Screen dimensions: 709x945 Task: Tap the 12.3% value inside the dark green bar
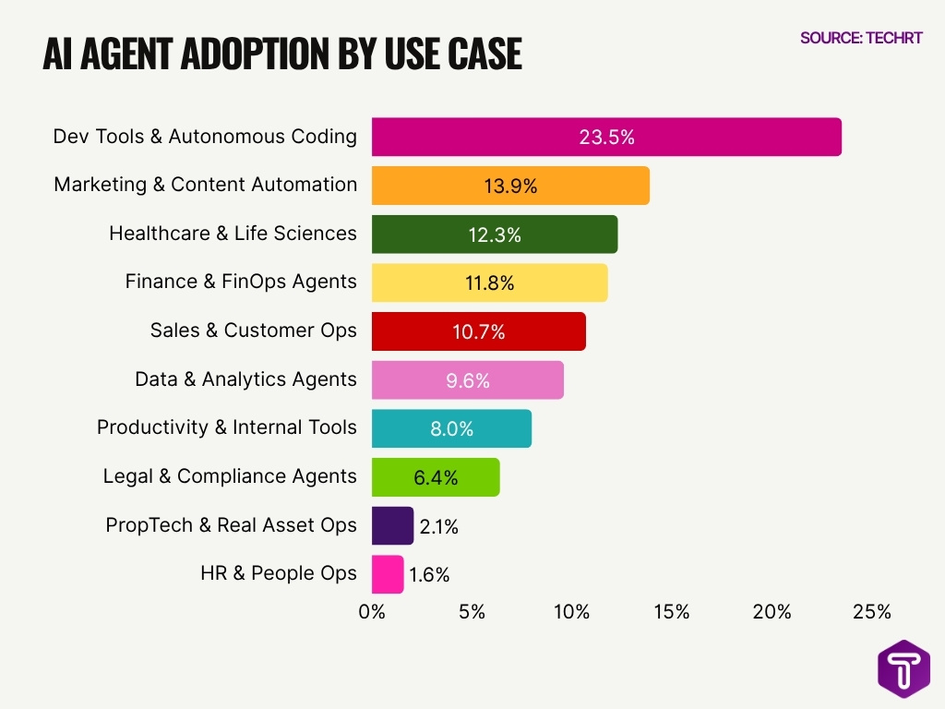tap(494, 234)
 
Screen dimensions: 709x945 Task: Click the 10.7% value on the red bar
tap(479, 331)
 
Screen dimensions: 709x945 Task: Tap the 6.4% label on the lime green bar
tap(436, 477)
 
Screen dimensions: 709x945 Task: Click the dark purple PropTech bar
tap(392, 525)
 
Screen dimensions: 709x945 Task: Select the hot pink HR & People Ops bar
tap(388, 574)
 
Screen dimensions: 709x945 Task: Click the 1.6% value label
tap(429, 575)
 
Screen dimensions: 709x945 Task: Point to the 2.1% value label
tap(438, 526)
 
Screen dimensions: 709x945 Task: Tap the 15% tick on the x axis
tap(672, 612)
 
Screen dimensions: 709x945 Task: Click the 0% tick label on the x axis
tap(372, 612)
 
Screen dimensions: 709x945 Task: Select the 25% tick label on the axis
tap(872, 612)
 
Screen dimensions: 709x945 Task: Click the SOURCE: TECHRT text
tap(860, 38)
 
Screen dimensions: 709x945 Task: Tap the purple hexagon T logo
tap(903, 668)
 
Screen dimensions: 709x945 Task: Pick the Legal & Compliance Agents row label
tap(230, 476)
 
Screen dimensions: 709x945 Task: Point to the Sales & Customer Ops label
tap(253, 330)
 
